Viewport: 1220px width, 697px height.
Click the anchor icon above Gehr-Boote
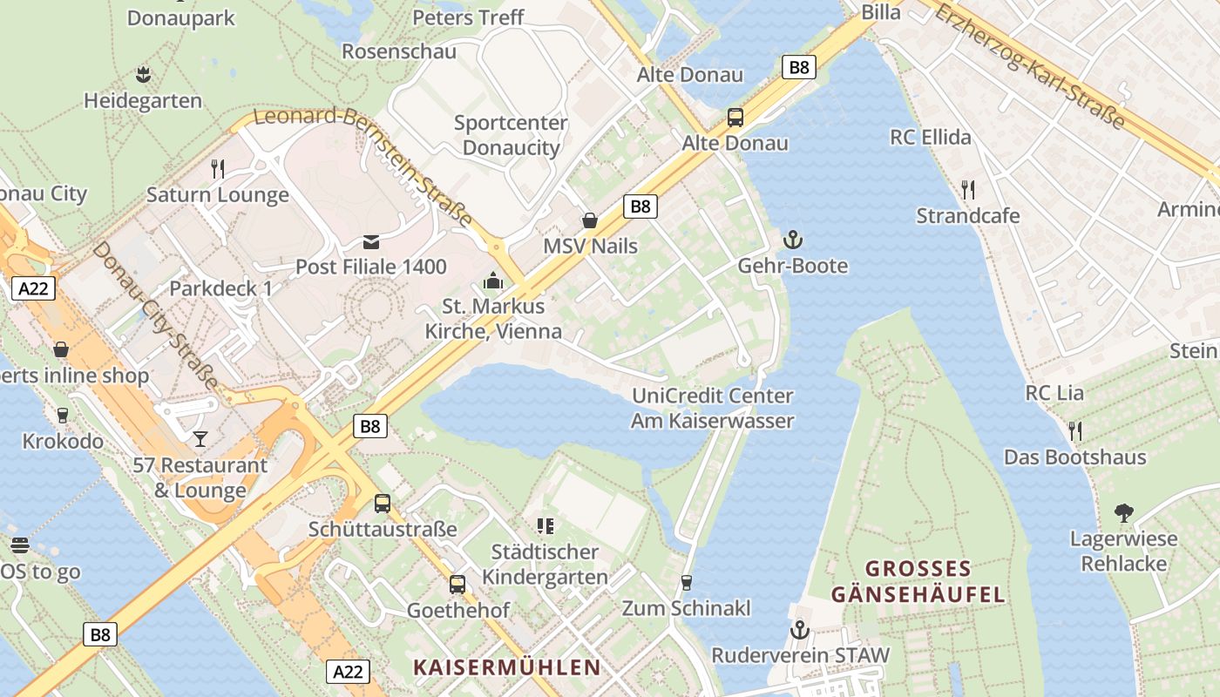[792, 239]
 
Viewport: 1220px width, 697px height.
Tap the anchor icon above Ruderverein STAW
[799, 629]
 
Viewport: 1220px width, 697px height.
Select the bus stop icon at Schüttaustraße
[383, 503]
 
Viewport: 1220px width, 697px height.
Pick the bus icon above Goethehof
[457, 584]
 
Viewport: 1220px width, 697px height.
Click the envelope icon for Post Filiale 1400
[371, 240]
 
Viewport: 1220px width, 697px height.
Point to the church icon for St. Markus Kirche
[493, 281]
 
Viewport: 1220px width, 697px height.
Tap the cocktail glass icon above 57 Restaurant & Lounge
[200, 437]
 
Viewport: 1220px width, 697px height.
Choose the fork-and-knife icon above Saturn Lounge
[218, 168]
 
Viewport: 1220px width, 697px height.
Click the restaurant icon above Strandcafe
[967, 189]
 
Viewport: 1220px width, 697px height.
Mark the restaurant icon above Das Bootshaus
[1074, 430]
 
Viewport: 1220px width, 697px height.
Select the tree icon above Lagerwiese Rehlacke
[1123, 512]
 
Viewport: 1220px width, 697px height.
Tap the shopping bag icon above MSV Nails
[590, 220]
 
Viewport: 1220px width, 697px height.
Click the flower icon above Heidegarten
[143, 74]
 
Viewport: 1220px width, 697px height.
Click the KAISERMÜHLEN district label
[507, 667]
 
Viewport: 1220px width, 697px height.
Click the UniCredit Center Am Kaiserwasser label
[713, 409]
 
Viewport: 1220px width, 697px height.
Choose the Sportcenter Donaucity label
[511, 135]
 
